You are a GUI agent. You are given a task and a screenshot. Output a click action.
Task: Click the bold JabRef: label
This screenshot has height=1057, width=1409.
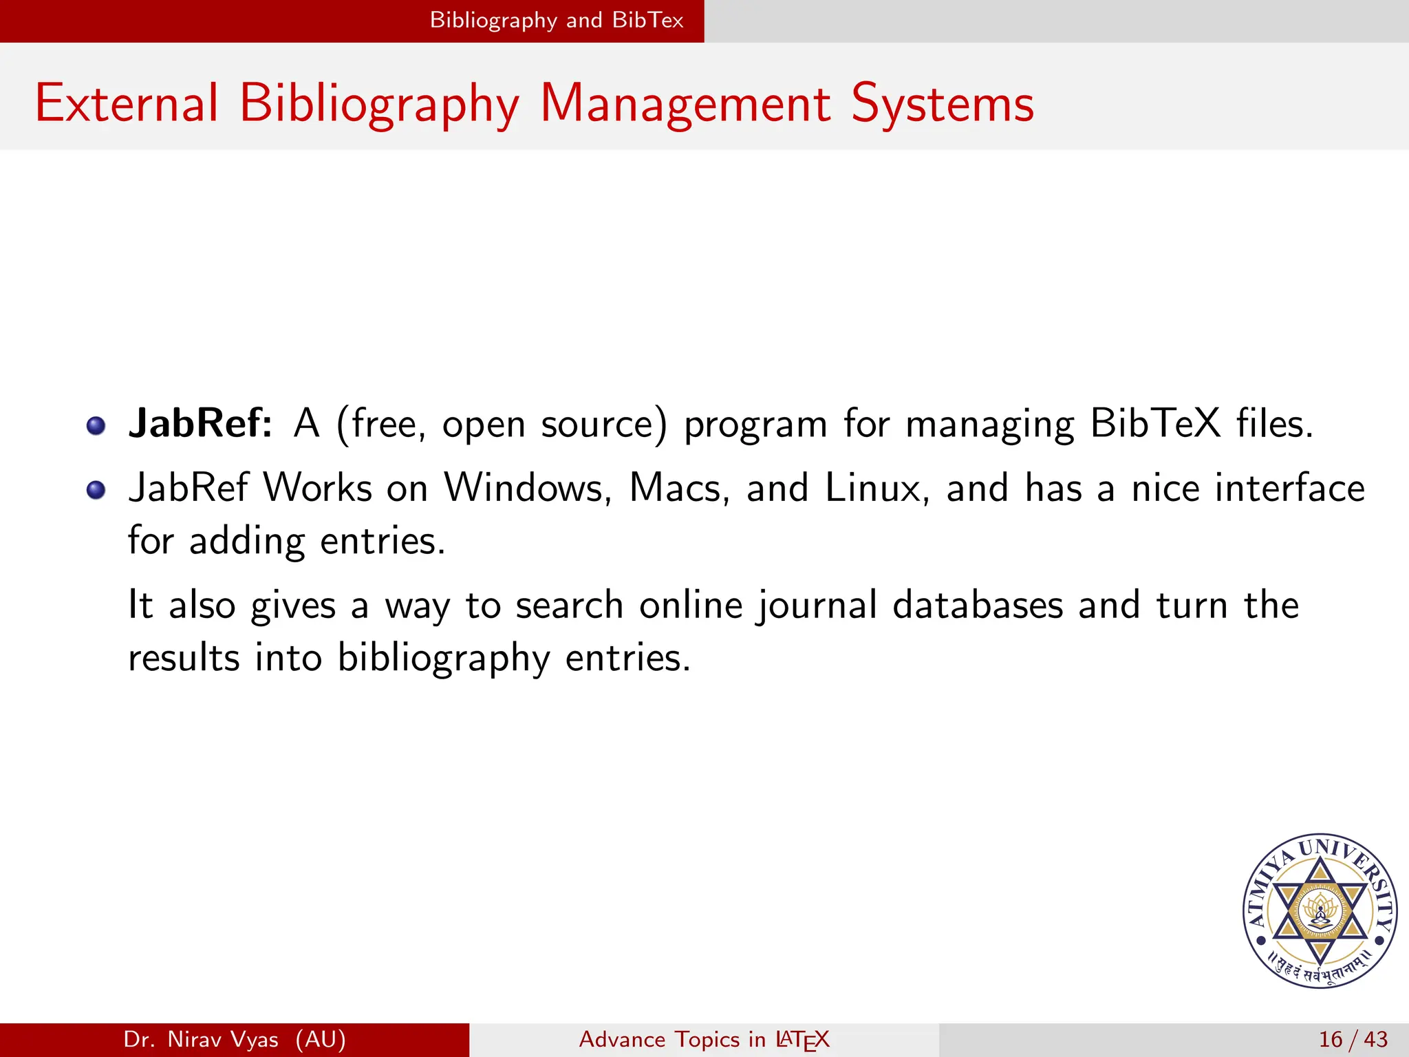200,423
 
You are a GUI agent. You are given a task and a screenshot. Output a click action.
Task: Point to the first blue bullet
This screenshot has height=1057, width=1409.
96,426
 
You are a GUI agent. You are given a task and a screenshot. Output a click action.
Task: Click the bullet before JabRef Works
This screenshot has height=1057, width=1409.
96,490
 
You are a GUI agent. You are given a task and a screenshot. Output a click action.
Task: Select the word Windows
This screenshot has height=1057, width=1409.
527,488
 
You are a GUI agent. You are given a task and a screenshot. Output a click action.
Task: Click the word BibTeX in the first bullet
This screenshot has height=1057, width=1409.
1155,423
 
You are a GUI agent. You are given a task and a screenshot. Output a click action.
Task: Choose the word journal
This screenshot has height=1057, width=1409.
817,606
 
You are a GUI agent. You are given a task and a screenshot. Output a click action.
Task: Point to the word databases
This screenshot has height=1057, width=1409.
978,605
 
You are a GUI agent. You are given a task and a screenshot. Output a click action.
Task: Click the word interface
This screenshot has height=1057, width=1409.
1289,488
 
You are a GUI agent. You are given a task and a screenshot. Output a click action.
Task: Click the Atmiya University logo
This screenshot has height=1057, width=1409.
1320,911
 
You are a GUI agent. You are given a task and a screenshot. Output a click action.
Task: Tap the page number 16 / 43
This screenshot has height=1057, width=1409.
1353,1039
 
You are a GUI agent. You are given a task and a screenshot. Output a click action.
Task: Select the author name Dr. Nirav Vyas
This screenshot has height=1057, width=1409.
201,1039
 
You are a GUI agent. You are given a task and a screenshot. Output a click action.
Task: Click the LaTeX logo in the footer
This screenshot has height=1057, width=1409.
802,1040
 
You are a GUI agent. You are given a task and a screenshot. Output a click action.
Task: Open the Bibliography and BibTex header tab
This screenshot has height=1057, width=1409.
557,20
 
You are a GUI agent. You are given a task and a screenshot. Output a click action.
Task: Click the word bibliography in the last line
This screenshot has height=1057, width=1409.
443,658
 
